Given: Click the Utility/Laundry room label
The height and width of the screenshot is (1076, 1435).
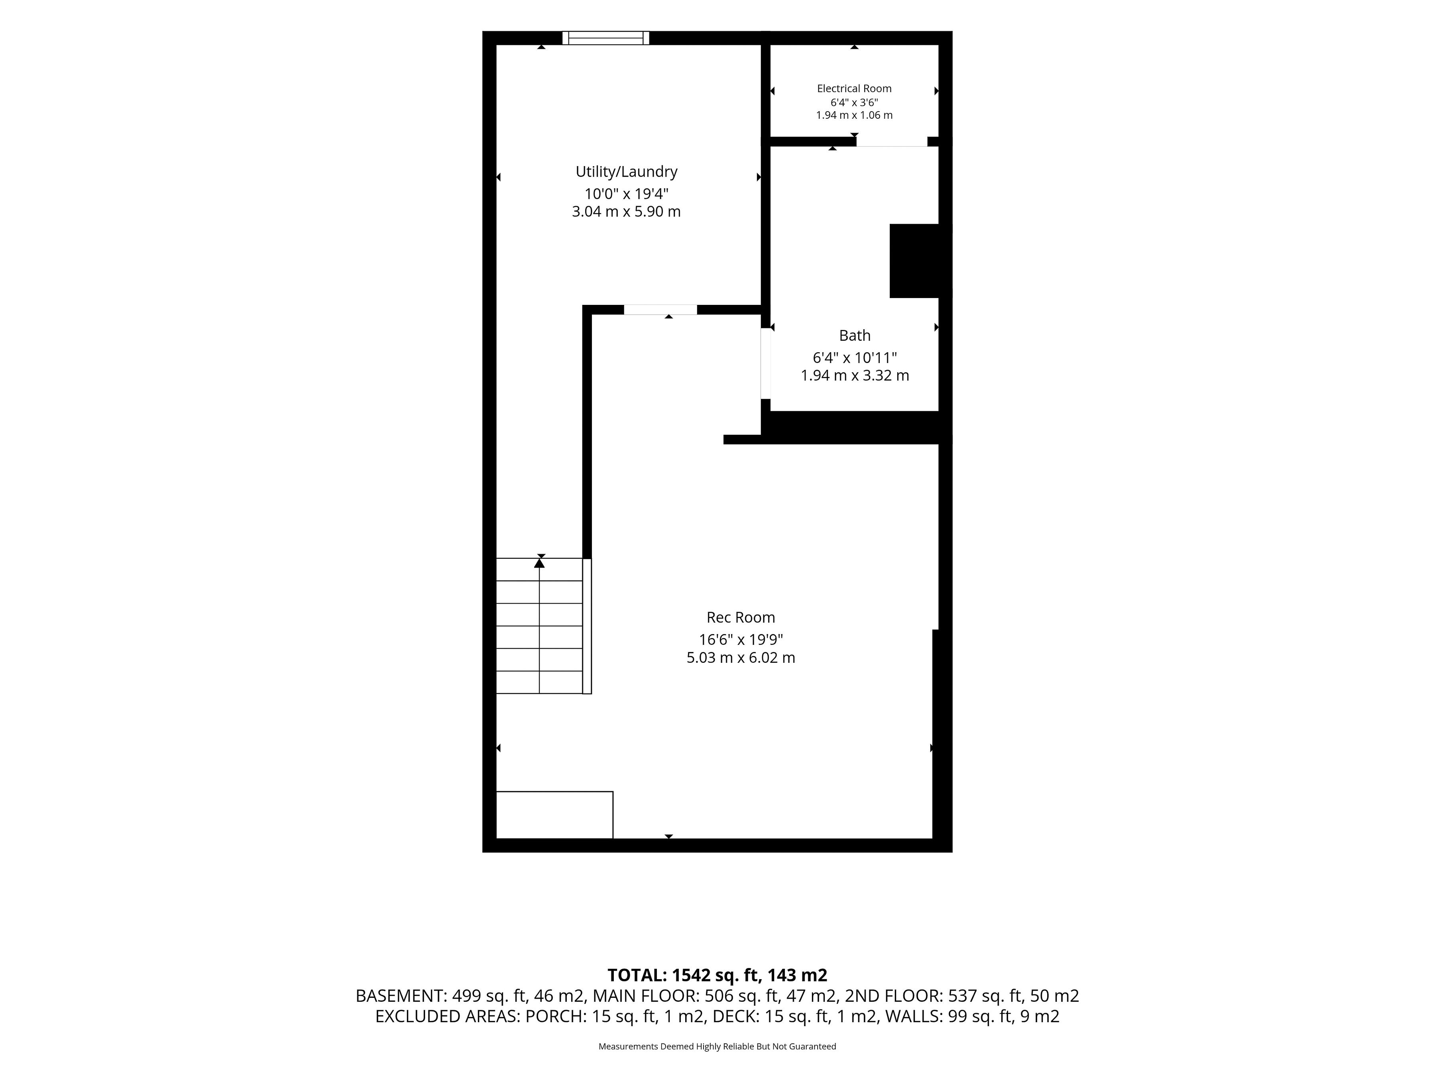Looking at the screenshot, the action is pyautogui.click(x=626, y=172).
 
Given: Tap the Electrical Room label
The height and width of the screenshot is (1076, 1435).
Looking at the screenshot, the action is pyautogui.click(x=854, y=88).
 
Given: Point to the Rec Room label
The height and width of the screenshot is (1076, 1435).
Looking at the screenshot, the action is pyautogui.click(x=741, y=617).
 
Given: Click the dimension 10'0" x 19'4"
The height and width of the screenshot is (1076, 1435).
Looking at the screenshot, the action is pyautogui.click(x=626, y=193).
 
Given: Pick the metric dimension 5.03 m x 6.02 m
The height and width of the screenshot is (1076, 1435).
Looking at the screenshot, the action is pyautogui.click(x=741, y=658).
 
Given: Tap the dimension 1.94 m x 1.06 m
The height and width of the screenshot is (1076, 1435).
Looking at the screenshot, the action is pyautogui.click(x=854, y=116).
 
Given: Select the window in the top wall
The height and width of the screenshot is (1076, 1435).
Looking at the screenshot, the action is pyautogui.click(x=606, y=37).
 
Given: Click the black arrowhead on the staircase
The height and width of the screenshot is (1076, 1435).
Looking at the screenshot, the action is pyautogui.click(x=539, y=563).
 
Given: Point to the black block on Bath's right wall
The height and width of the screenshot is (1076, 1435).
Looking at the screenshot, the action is pyautogui.click(x=914, y=261).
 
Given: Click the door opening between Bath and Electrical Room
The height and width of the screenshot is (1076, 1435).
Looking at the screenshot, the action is pyautogui.click(x=892, y=142).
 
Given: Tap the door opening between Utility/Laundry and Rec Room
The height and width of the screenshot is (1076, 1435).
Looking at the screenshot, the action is pyautogui.click(x=660, y=309).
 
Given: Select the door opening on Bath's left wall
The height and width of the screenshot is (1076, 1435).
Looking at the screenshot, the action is pyautogui.click(x=765, y=363).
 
